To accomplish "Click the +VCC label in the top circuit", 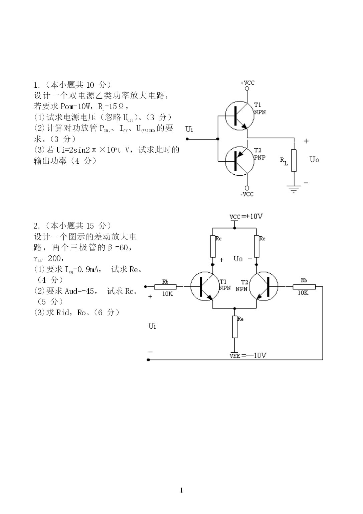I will point(247,83).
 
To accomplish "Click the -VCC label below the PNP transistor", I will point(247,194).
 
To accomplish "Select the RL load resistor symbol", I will point(294,160).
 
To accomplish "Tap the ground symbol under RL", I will point(294,189).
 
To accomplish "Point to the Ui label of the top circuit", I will point(189,129).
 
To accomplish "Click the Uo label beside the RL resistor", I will point(314,159).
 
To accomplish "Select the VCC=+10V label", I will point(246,217).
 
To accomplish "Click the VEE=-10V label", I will point(248,355).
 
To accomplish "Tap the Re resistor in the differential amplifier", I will point(235,327).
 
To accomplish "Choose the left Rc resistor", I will point(213,246).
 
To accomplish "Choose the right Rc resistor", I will point(257,246).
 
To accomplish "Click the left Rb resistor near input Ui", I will point(165,286).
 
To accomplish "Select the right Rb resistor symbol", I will point(304,286).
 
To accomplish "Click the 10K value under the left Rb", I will point(167,294).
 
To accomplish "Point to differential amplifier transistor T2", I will point(263,286).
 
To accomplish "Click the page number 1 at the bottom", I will point(181,491).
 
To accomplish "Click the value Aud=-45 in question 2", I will point(79,291).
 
